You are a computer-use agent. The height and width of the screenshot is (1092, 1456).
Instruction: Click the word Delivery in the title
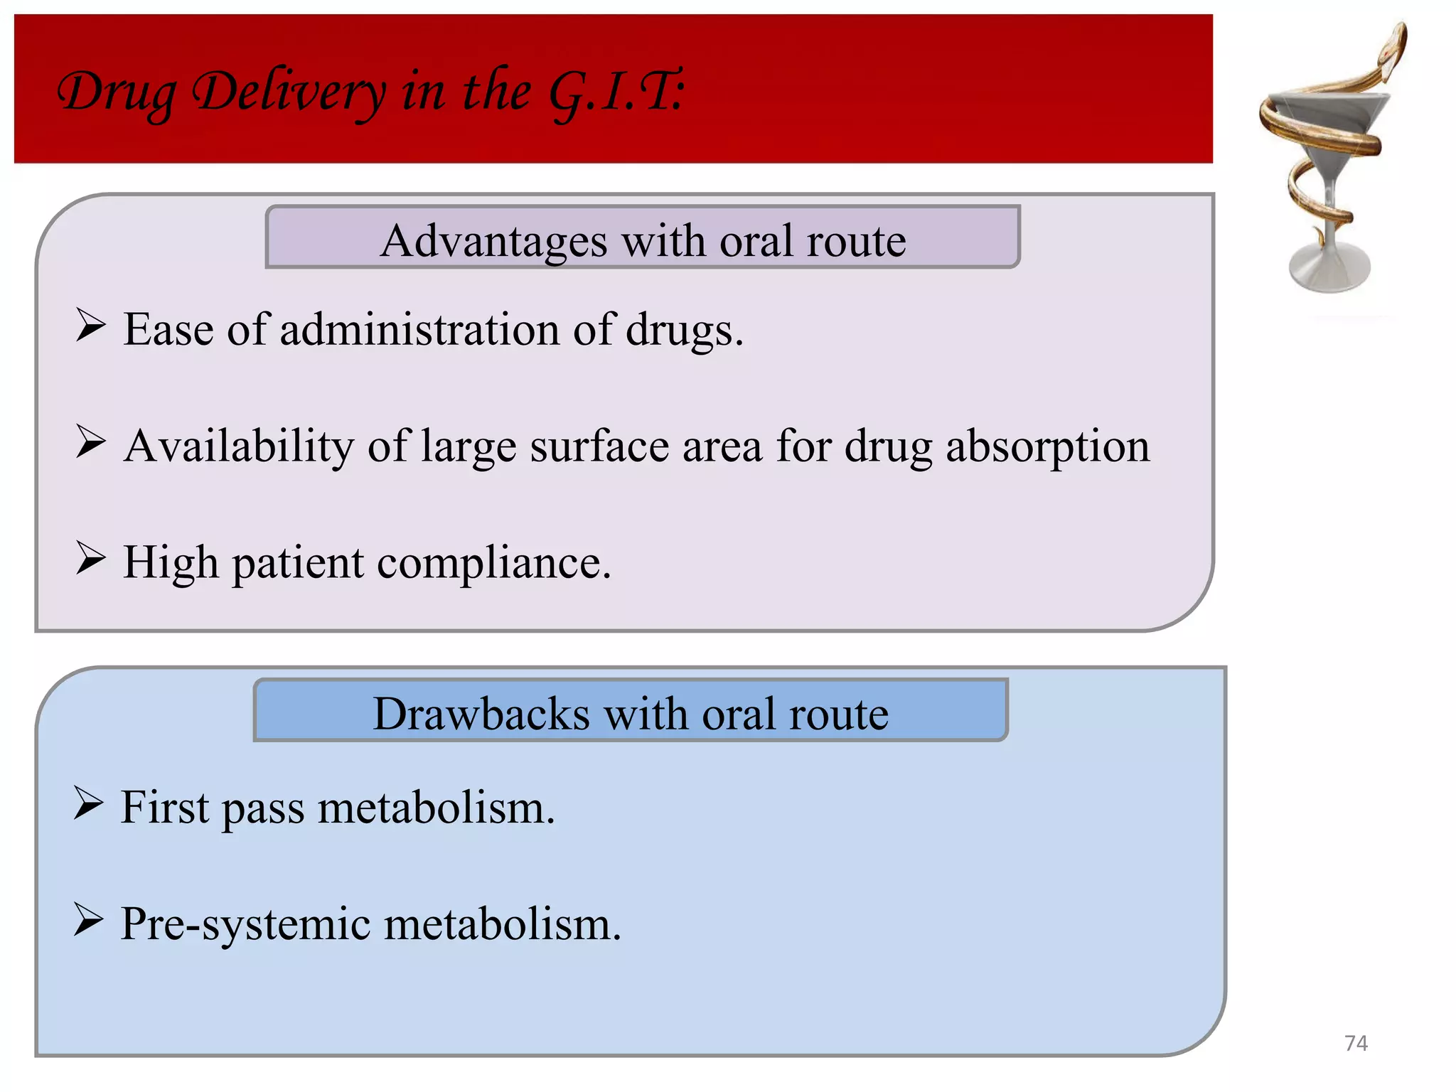(290, 92)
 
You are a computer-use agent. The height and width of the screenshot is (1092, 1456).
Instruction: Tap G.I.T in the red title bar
(615, 92)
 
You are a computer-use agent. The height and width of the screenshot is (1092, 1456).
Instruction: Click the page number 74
(1356, 1043)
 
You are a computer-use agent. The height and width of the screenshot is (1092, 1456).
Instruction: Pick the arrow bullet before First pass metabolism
(88, 803)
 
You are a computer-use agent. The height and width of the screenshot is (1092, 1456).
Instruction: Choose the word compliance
(493, 563)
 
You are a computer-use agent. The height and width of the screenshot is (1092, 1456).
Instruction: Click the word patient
(298, 563)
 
